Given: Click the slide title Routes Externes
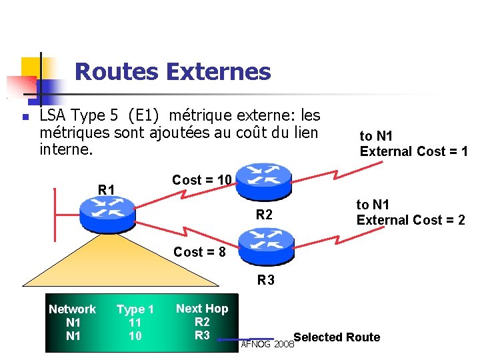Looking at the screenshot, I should point(173,71).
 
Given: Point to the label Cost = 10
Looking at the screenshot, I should point(201,179).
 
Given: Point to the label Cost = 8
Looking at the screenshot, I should point(200,252).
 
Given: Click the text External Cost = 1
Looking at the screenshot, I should point(413,151).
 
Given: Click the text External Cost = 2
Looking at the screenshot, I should point(411,220).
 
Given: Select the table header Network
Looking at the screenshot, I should point(72,309).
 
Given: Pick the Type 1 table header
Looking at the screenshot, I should point(135,309).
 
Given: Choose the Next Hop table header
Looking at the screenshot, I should point(201,308).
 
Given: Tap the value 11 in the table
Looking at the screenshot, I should point(135,323).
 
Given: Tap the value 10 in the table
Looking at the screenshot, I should point(135,336).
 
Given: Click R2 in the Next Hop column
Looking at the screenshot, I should point(202,321).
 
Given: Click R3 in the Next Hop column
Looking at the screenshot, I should point(202,335).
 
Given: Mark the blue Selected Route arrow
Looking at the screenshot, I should point(263,339).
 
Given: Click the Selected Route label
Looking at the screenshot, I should point(337,337).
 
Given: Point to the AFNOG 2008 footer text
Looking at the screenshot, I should point(267,345).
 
